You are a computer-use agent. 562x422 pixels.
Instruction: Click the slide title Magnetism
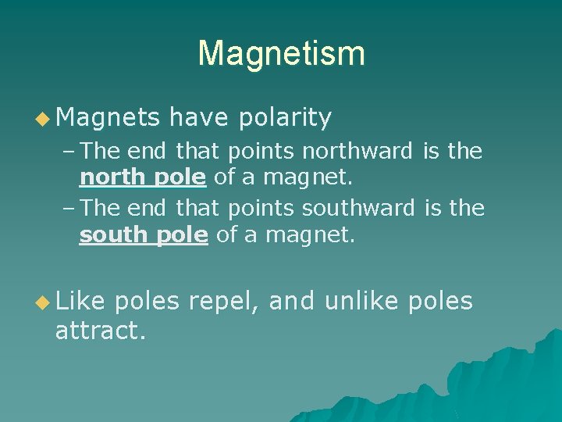[x=281, y=53]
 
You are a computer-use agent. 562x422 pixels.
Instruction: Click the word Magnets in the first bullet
[x=108, y=118]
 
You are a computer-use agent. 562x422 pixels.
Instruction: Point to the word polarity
[x=286, y=118]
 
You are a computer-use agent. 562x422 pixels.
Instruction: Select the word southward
[x=358, y=208]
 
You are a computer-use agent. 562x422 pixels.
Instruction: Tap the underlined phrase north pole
[x=143, y=177]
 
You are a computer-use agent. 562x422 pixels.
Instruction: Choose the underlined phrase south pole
[x=144, y=235]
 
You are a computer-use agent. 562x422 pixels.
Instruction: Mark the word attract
[x=100, y=331]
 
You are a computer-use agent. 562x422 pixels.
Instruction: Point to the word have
[x=197, y=118]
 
